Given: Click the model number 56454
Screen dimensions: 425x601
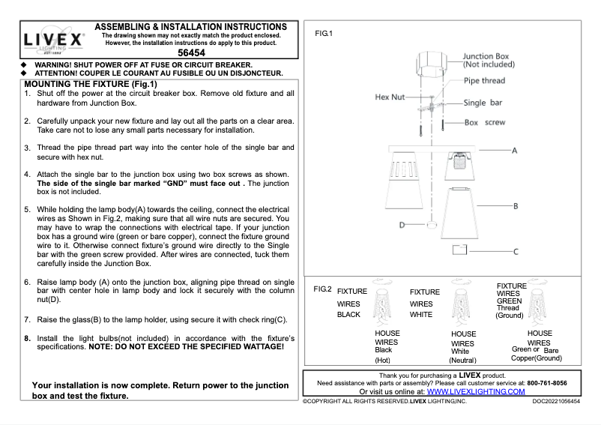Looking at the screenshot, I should click(x=192, y=54).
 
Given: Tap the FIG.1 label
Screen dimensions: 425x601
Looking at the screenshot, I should click(x=323, y=34).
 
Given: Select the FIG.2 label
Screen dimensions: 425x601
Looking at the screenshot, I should click(x=323, y=289).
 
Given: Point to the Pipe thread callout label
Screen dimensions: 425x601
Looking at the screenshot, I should click(x=484, y=81).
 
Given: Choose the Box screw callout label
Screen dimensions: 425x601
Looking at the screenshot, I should click(x=485, y=122).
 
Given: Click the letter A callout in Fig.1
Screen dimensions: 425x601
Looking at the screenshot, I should click(x=515, y=150).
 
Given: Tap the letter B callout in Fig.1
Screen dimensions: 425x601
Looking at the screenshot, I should click(x=516, y=205).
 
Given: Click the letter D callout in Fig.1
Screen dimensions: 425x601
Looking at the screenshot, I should click(x=402, y=224).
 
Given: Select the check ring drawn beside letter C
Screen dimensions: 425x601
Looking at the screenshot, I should click(x=460, y=250).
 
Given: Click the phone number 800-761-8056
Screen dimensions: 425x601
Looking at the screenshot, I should click(x=547, y=383).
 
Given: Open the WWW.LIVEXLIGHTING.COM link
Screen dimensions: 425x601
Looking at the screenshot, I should click(x=476, y=391).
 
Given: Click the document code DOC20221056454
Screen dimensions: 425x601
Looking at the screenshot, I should click(x=556, y=402).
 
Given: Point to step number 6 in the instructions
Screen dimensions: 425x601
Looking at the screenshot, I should click(x=27, y=283).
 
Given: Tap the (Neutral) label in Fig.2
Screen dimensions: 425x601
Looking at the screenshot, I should click(x=463, y=360).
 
